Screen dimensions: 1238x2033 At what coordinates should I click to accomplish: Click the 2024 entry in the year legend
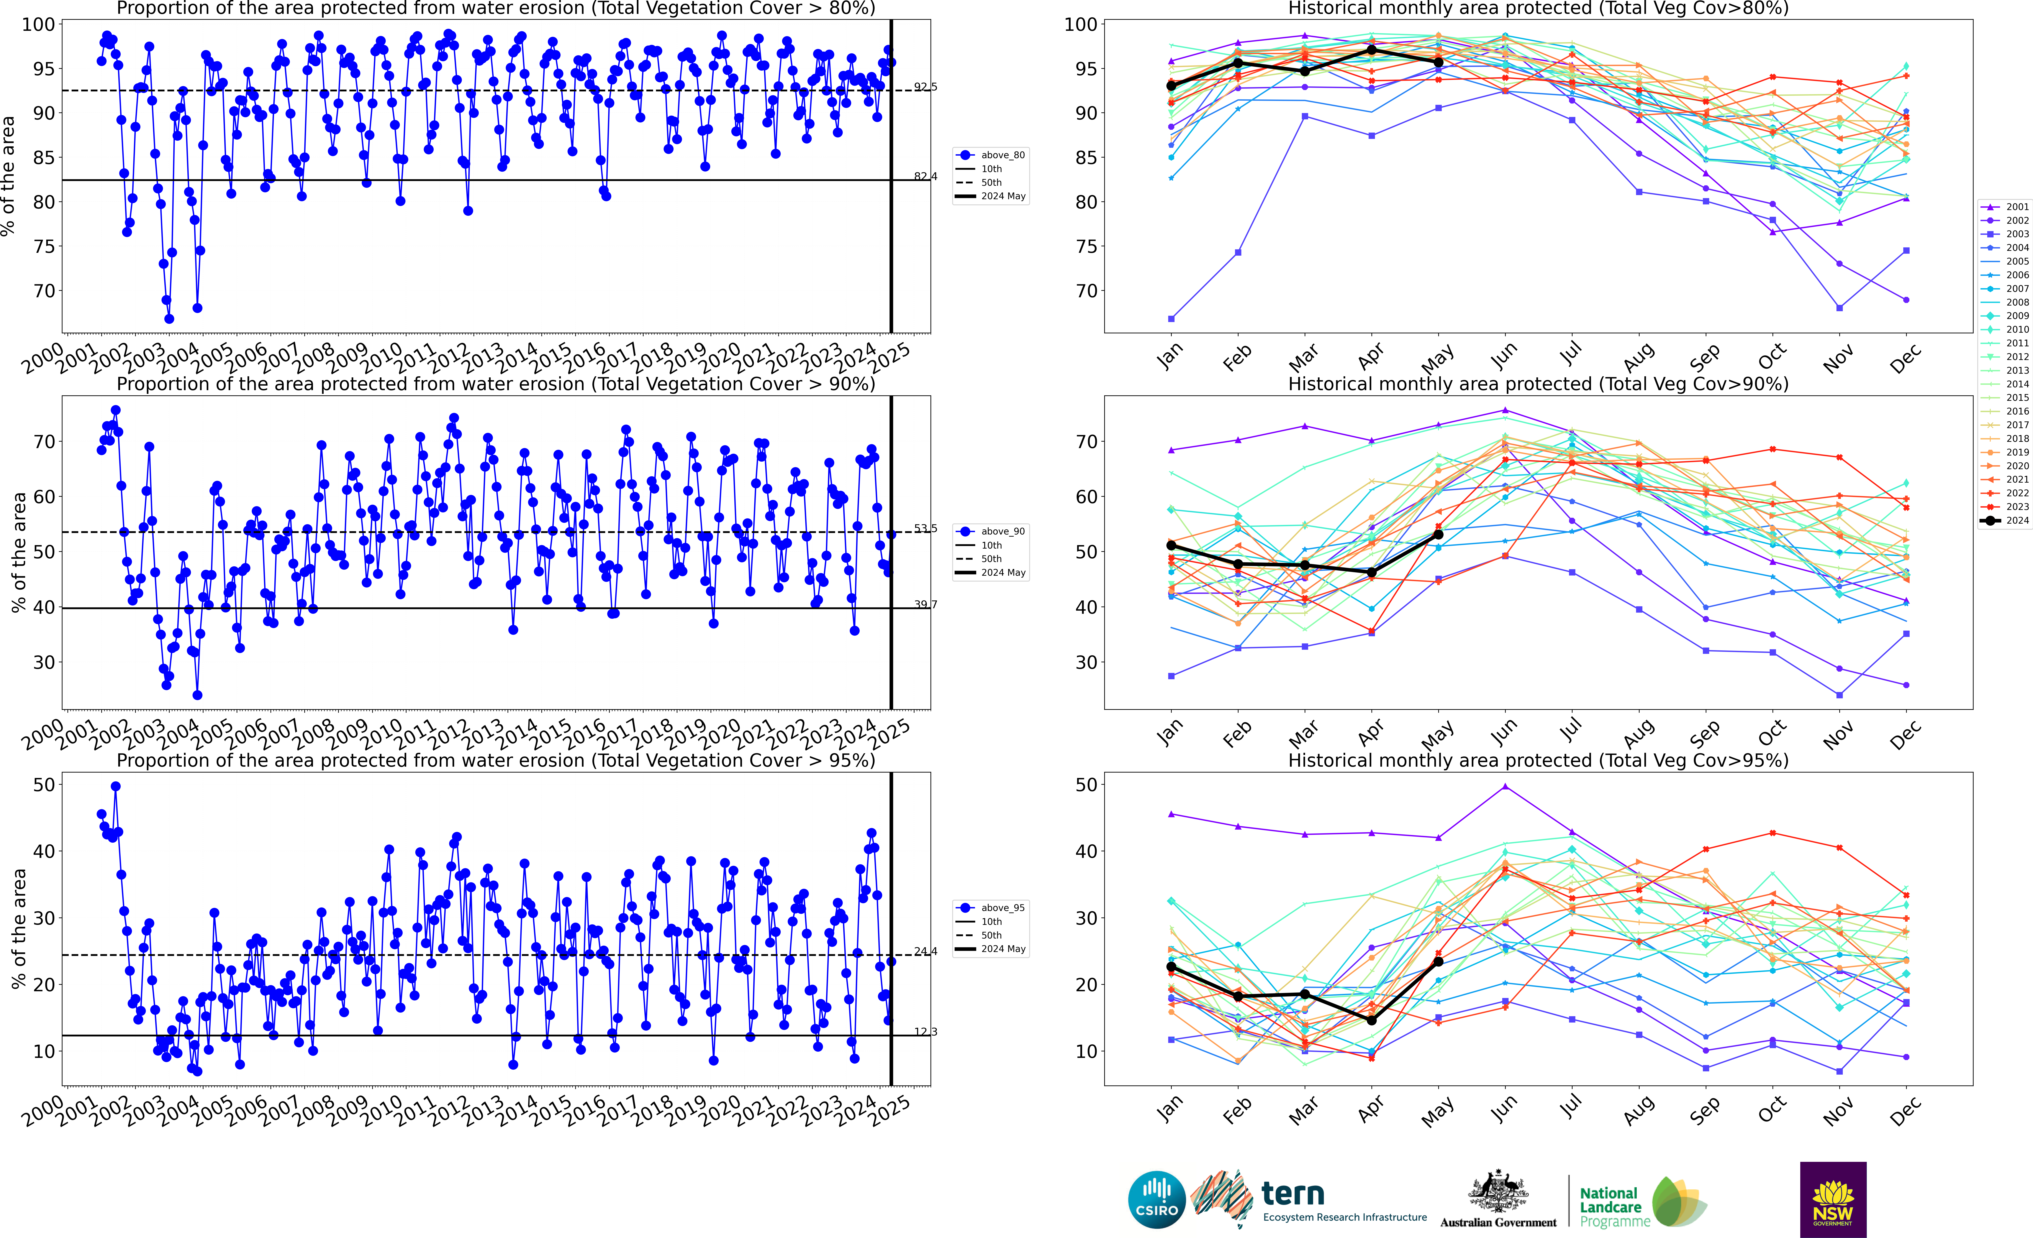[2005, 521]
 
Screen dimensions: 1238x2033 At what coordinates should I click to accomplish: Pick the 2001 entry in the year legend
[2005, 207]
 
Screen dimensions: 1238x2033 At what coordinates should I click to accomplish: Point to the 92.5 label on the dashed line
[925, 87]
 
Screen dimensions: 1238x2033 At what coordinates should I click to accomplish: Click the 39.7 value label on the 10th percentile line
[925, 605]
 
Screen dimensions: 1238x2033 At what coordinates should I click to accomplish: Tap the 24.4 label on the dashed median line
[925, 952]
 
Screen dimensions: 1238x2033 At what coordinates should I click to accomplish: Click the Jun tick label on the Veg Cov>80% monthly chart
[1503, 355]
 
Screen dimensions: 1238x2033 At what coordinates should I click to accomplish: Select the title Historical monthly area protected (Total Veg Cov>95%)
[1538, 760]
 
